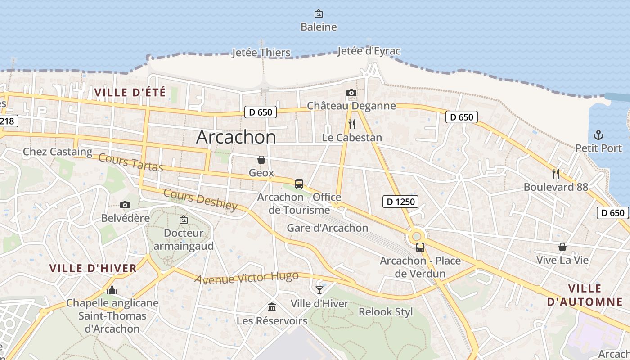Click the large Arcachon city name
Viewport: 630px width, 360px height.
point(236,137)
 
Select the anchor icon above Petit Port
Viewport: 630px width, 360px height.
point(598,135)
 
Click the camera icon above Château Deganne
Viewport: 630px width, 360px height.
point(351,93)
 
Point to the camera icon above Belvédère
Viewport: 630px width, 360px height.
point(125,205)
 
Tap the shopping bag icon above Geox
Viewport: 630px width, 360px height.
point(261,160)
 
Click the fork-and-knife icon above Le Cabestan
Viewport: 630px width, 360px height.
point(352,124)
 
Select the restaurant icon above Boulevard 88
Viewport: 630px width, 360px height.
point(556,173)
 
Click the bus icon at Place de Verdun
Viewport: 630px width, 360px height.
point(420,247)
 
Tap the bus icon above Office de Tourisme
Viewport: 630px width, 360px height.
point(299,184)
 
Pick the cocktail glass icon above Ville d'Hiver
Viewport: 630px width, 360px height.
point(319,290)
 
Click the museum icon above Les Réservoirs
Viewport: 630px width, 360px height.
point(272,307)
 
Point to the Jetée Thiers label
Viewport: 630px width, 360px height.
point(261,53)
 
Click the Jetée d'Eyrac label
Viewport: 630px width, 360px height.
point(369,51)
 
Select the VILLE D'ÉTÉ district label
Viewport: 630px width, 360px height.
point(130,93)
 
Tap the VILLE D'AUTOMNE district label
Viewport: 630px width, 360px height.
point(585,295)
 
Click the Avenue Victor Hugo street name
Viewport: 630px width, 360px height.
point(247,278)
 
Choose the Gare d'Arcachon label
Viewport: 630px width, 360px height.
point(328,228)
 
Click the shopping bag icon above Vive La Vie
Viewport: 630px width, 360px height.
point(562,247)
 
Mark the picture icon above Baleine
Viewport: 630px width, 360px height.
point(319,13)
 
